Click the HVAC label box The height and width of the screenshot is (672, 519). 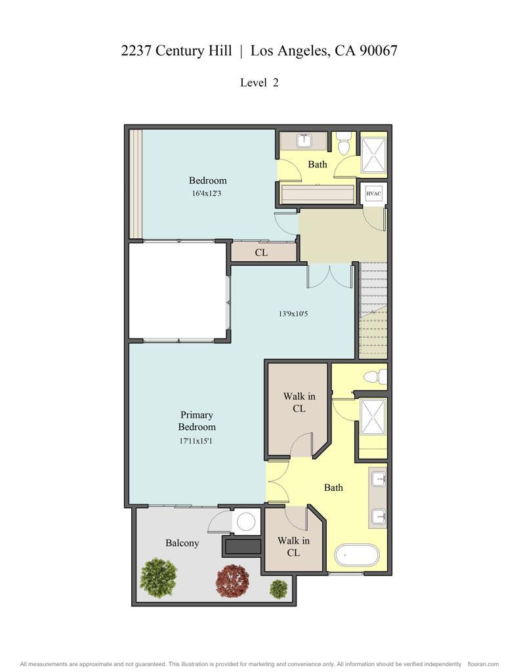[373, 194]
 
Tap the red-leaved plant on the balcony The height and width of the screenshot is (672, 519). [232, 580]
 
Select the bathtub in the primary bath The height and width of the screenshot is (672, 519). [358, 556]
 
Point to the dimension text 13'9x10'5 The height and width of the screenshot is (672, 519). [293, 314]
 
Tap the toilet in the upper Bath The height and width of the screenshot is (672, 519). [344, 144]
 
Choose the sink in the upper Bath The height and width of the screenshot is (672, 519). [304, 140]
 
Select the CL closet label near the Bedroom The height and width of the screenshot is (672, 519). [261, 252]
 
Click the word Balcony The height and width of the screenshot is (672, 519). [182, 543]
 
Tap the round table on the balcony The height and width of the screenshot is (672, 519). [246, 522]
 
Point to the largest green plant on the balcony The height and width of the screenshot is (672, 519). [159, 577]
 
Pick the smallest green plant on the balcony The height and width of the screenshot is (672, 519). [279, 588]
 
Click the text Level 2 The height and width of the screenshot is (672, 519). [259, 83]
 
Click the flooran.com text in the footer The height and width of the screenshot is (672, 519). [484, 664]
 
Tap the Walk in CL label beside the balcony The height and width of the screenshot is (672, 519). [293, 547]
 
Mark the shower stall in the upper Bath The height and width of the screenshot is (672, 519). [373, 156]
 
